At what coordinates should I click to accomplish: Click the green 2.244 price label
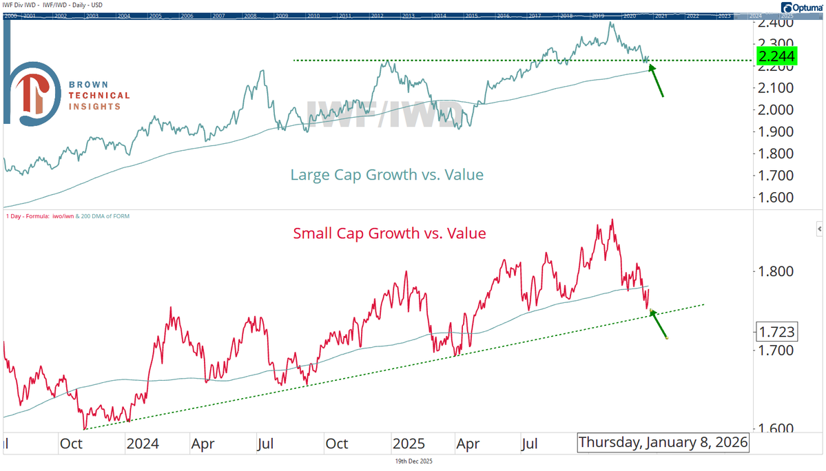click(x=776, y=56)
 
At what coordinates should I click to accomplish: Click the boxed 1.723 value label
click(x=776, y=332)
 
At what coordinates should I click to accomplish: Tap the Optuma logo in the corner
click(x=801, y=8)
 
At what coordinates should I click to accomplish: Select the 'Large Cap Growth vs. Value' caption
click(x=386, y=175)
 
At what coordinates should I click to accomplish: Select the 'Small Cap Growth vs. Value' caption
click(x=389, y=233)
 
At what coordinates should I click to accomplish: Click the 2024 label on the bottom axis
click(x=143, y=443)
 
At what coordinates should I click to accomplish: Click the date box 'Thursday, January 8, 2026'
click(x=663, y=443)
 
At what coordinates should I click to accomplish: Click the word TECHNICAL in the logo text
click(x=99, y=95)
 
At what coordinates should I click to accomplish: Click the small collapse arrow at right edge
click(x=819, y=228)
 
